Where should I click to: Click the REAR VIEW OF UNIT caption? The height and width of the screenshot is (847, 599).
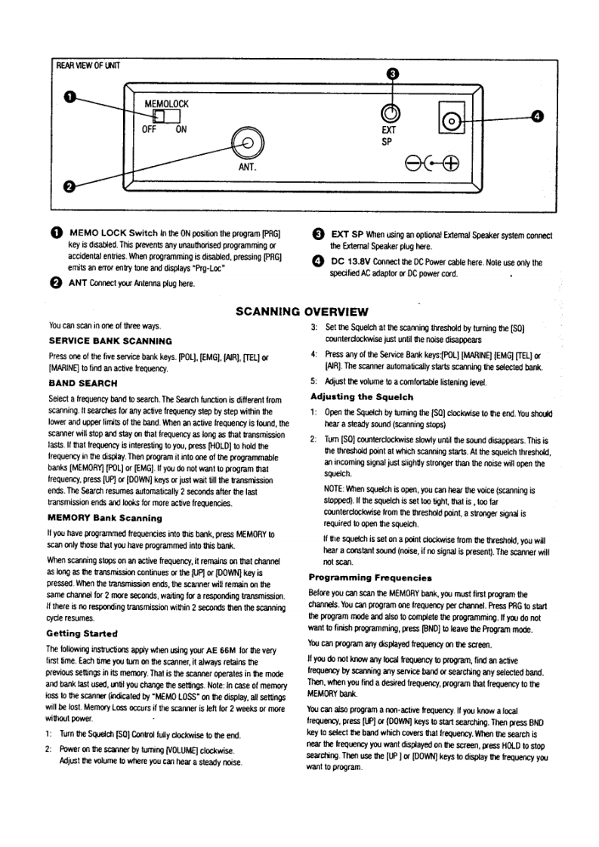(x=88, y=64)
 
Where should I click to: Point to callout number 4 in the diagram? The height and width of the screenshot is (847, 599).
(x=537, y=116)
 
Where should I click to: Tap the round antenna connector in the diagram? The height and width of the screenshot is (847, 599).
(x=249, y=141)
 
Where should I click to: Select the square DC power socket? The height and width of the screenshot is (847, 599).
(x=452, y=121)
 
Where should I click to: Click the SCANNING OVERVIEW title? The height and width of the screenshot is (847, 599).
(x=301, y=312)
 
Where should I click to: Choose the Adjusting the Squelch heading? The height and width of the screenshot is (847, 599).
(x=361, y=396)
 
